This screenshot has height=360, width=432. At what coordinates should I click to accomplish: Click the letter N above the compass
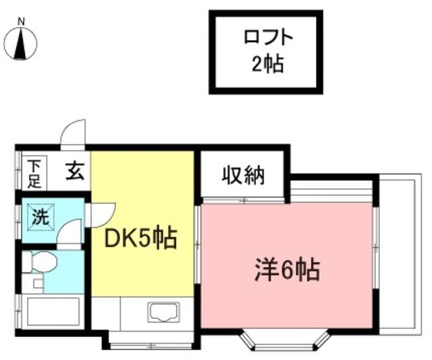click(x=22, y=22)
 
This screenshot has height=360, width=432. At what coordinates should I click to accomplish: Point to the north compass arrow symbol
click(x=22, y=44)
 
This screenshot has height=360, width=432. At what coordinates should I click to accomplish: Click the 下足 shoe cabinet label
click(x=34, y=172)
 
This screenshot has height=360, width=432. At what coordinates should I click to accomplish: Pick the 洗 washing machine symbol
click(x=39, y=218)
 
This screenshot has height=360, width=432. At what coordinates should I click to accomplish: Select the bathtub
click(x=51, y=313)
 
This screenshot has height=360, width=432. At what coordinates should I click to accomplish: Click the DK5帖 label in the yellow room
click(x=141, y=238)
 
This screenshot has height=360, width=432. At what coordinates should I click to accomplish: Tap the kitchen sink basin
click(x=163, y=313)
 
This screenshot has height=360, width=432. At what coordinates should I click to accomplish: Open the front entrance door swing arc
click(x=73, y=134)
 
